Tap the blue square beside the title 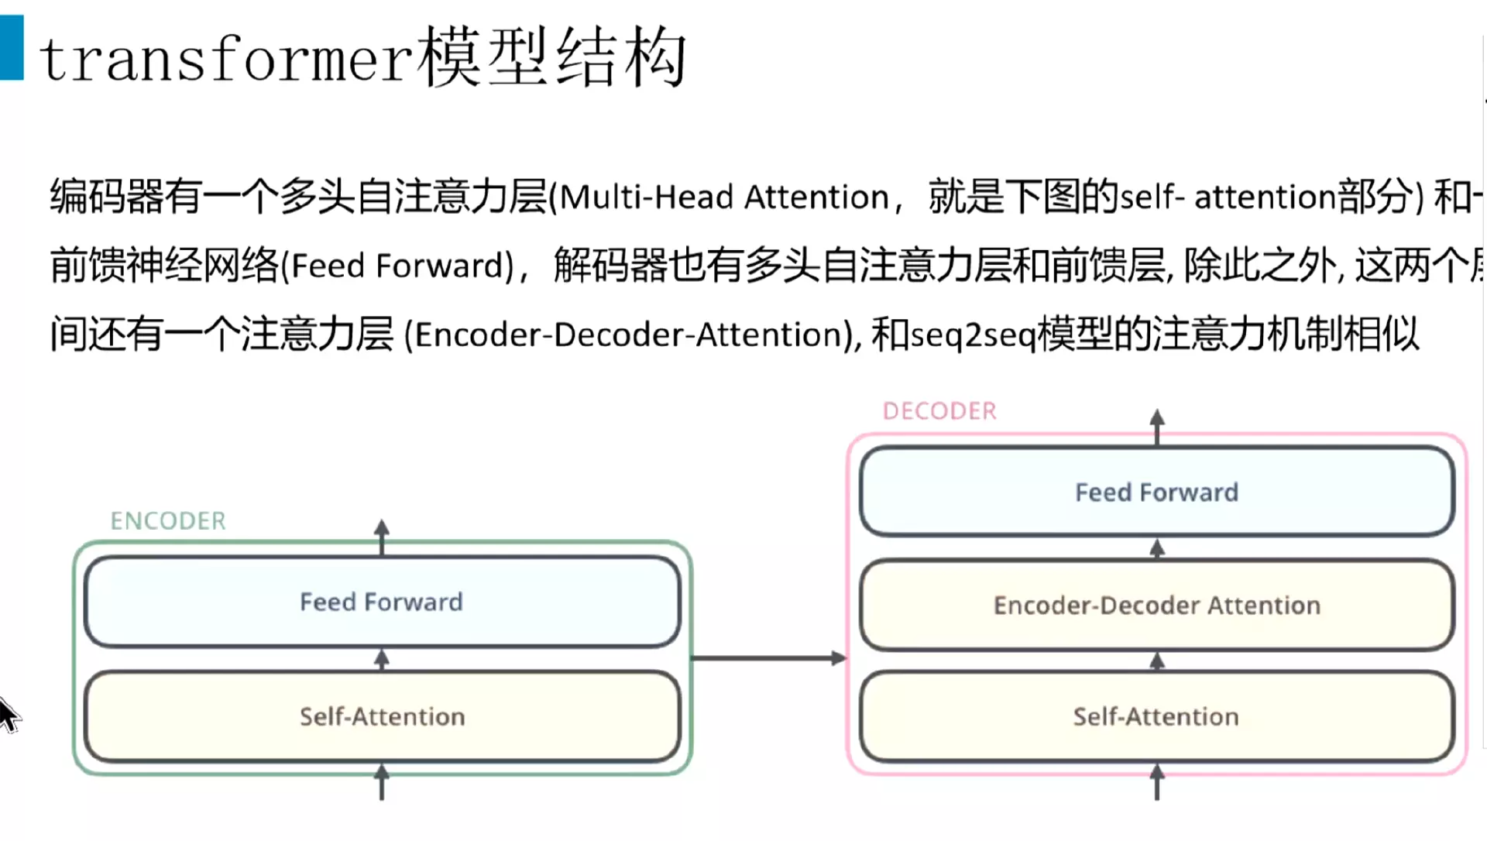click(x=12, y=48)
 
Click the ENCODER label click(x=168, y=521)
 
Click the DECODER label click(x=939, y=411)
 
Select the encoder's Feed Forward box click(x=381, y=602)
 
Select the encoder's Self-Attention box click(x=381, y=716)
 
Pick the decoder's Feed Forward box click(x=1156, y=492)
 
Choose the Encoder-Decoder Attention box click(x=1156, y=605)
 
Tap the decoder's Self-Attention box click(x=1156, y=716)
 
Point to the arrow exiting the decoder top click(x=1157, y=426)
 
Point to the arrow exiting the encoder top click(x=381, y=536)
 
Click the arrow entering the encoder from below click(x=381, y=782)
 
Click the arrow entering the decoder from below click(x=1157, y=782)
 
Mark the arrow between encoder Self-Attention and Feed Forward click(x=381, y=660)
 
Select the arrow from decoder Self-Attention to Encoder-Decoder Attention click(x=1157, y=661)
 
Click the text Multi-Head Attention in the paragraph click(x=723, y=197)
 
